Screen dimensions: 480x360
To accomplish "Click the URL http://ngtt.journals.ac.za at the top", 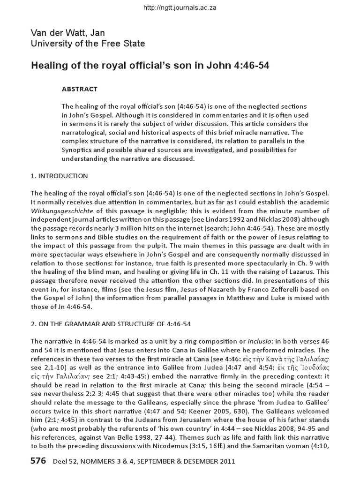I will [180, 8].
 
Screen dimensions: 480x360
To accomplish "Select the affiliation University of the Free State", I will [88, 44].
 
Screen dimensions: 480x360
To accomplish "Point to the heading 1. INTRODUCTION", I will [59, 176].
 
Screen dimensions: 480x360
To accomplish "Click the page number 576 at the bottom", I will [38, 461].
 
